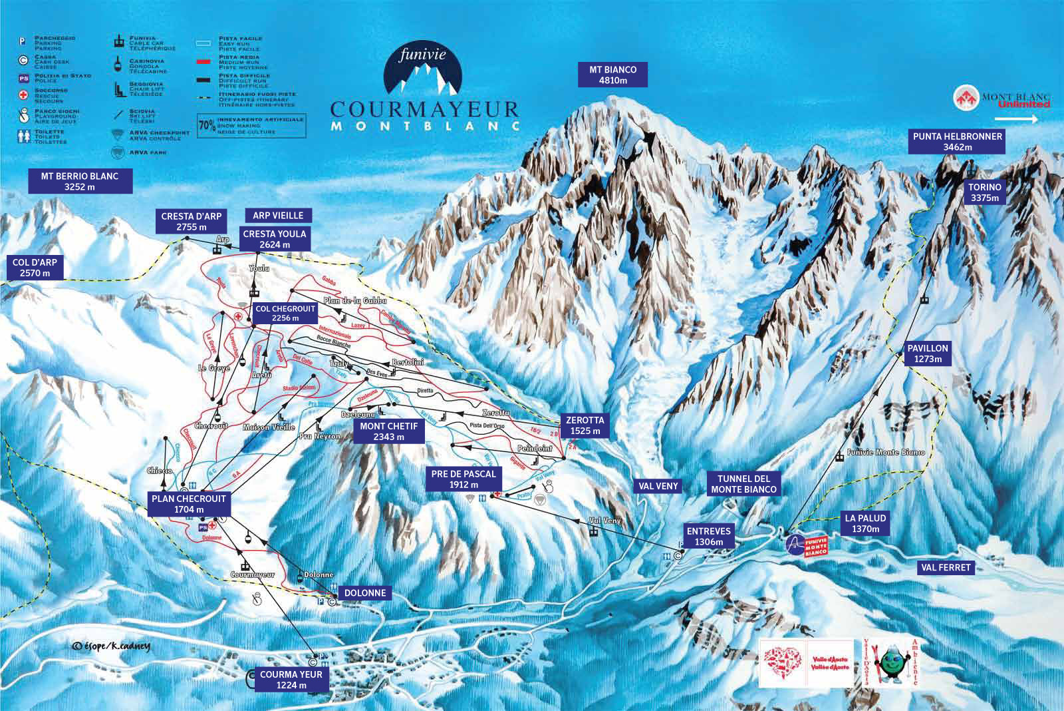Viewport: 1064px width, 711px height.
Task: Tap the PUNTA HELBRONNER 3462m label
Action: click(x=957, y=141)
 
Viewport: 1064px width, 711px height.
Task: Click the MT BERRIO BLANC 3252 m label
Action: click(x=79, y=181)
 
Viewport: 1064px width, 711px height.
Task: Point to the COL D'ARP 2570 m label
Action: click(x=35, y=268)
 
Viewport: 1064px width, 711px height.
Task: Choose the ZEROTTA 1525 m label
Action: click(x=585, y=425)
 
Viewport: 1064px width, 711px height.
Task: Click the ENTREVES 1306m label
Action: click(x=708, y=537)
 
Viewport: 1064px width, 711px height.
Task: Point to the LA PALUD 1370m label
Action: click(x=864, y=523)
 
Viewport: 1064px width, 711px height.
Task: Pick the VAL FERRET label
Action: click(x=946, y=567)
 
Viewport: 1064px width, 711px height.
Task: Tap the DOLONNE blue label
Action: click(x=364, y=592)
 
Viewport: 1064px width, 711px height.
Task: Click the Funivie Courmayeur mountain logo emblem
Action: click(x=424, y=70)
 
